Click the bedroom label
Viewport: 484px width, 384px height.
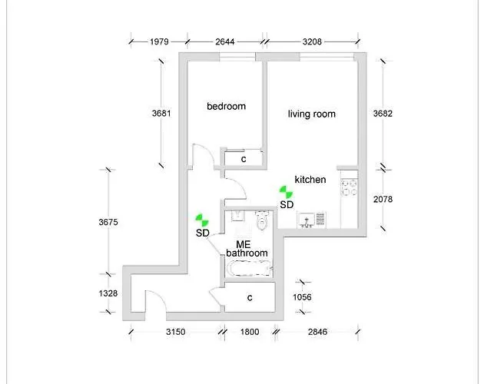point(226,106)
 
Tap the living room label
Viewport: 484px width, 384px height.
point(311,114)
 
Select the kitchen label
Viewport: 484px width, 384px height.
point(310,180)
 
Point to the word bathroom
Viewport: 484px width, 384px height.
point(247,253)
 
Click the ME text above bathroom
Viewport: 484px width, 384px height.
point(244,243)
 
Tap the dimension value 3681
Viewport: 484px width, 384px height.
point(161,113)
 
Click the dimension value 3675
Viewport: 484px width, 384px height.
point(109,223)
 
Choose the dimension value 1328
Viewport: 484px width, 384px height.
point(109,294)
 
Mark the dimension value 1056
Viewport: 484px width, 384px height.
point(306,297)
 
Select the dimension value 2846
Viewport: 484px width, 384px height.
point(317,332)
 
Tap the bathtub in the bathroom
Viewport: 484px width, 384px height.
point(247,269)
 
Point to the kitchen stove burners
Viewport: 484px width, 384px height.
point(350,187)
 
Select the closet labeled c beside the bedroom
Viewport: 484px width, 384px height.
point(244,159)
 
